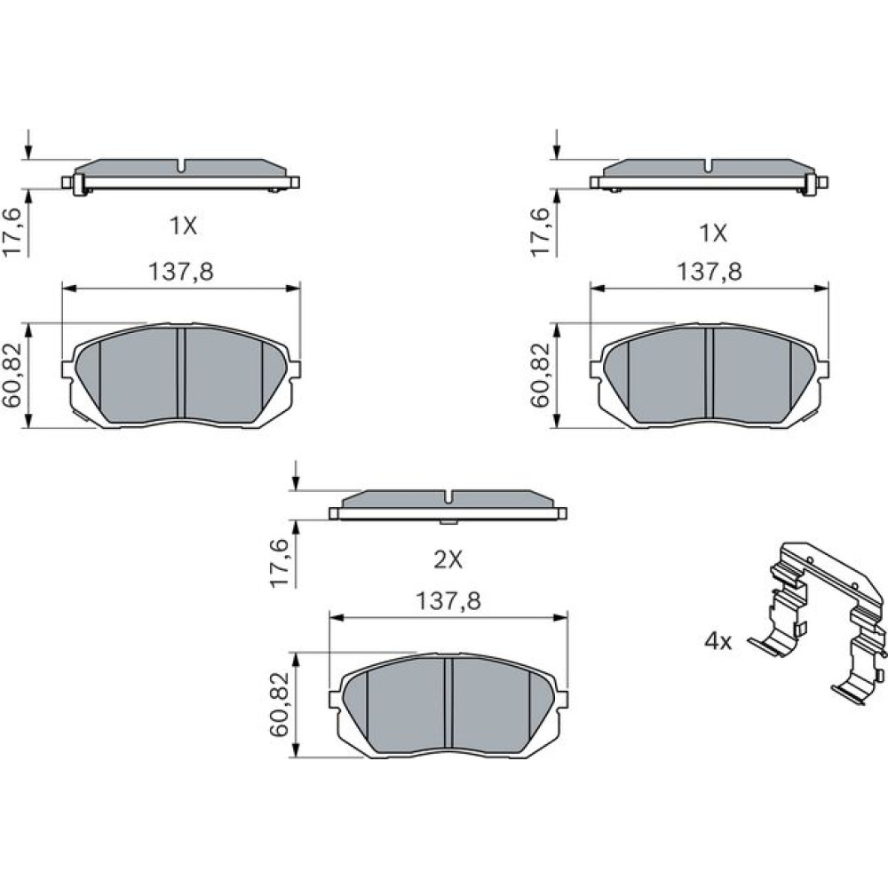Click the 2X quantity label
tap(448, 560)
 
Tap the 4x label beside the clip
tap(718, 642)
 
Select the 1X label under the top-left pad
tap(184, 226)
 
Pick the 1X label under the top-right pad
tap(714, 233)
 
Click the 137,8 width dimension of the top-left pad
tap(180, 272)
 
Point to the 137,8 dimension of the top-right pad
tap(710, 272)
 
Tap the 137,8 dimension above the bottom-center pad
tap(448, 601)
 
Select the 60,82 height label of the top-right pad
tap(540, 376)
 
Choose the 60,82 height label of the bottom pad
tap(279, 704)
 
